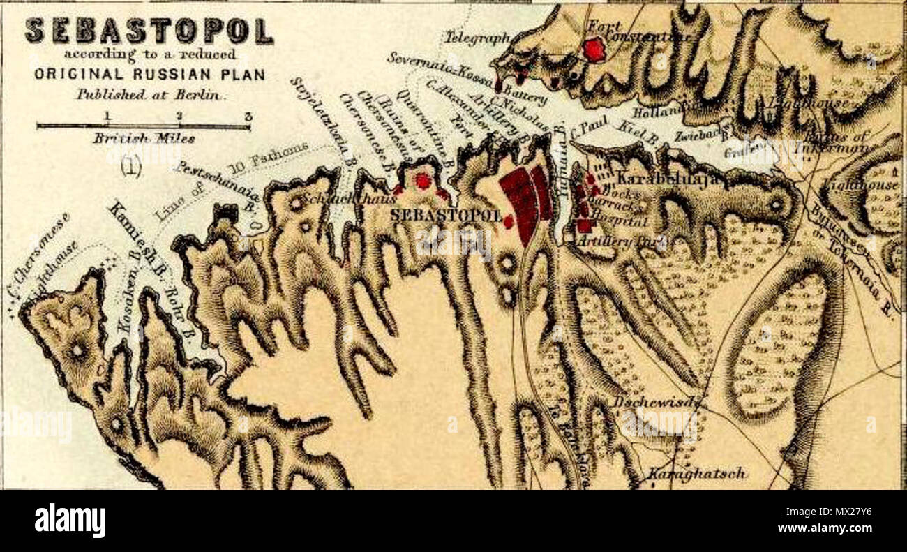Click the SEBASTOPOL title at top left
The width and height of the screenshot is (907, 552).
point(149,31)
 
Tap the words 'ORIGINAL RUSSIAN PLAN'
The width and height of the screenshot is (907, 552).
point(149,75)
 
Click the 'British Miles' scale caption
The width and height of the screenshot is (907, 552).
point(144,138)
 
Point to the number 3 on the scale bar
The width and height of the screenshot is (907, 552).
point(248,116)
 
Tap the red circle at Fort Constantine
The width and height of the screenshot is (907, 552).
point(594,50)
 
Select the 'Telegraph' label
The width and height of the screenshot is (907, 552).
point(477,38)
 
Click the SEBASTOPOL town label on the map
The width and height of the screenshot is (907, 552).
point(445,215)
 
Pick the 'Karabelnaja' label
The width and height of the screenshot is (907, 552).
point(666,178)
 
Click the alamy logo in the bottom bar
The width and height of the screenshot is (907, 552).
point(70,521)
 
